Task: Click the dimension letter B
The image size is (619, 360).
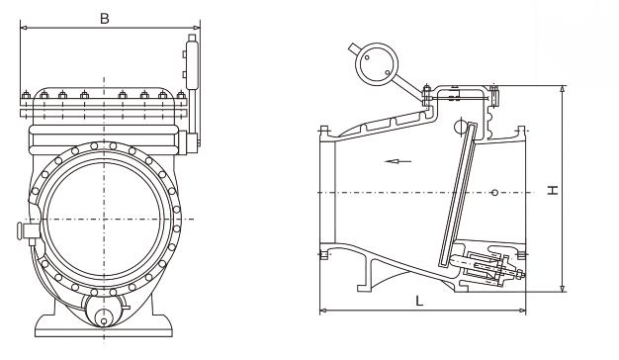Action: click(105, 18)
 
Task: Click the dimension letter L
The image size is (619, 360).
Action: click(419, 302)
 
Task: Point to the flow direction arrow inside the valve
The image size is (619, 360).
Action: click(398, 161)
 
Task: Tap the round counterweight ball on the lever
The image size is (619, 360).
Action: click(376, 64)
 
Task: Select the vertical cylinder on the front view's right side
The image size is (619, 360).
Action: click(192, 62)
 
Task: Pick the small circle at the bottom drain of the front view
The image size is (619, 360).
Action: click(104, 321)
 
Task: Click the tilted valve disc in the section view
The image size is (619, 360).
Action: click(457, 194)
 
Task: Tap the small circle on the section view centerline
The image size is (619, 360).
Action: click(494, 192)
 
